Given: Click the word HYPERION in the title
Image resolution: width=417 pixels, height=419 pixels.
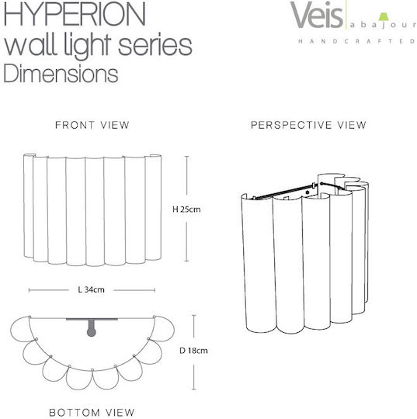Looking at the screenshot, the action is coord(75,13).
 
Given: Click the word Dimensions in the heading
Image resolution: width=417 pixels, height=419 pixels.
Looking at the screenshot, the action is coord(61,74).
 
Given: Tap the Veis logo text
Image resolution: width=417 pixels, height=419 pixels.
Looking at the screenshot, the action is coord(316,15).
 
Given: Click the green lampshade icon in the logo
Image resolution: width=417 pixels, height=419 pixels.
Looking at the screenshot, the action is coord(384,16).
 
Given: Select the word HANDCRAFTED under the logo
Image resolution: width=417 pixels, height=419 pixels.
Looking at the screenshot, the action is coord(356,41).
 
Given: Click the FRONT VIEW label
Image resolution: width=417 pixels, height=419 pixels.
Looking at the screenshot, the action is coord(92,125).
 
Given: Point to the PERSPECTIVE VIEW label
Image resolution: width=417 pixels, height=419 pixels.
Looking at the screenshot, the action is coord(308,125).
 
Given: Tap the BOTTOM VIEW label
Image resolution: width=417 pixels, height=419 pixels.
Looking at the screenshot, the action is coord(92,412).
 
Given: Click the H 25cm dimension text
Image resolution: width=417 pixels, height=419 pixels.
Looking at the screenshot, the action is coord(186,209).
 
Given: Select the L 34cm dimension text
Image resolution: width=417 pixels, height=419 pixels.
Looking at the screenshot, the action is coord(91,289).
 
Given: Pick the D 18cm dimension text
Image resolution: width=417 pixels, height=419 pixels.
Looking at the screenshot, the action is coord(193,350).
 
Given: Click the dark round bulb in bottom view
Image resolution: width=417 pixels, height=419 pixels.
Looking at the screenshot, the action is coord(92,332).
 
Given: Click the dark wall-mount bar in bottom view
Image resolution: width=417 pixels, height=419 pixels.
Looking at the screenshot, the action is coord(92,319).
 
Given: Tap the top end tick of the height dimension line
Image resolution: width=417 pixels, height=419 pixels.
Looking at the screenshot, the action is coord(186,156).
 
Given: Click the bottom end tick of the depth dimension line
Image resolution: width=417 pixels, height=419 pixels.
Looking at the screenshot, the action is coord(194,390).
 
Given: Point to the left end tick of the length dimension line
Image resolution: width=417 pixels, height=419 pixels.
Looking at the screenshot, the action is coord(29,290).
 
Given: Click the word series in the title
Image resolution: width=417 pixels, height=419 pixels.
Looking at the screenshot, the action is coord(155,46).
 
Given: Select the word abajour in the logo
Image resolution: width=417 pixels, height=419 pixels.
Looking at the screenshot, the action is coord(383,26).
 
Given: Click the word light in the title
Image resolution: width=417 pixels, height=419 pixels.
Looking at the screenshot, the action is coord(88,46).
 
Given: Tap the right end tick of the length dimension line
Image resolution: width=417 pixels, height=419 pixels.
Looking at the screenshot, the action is coord(155,290).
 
